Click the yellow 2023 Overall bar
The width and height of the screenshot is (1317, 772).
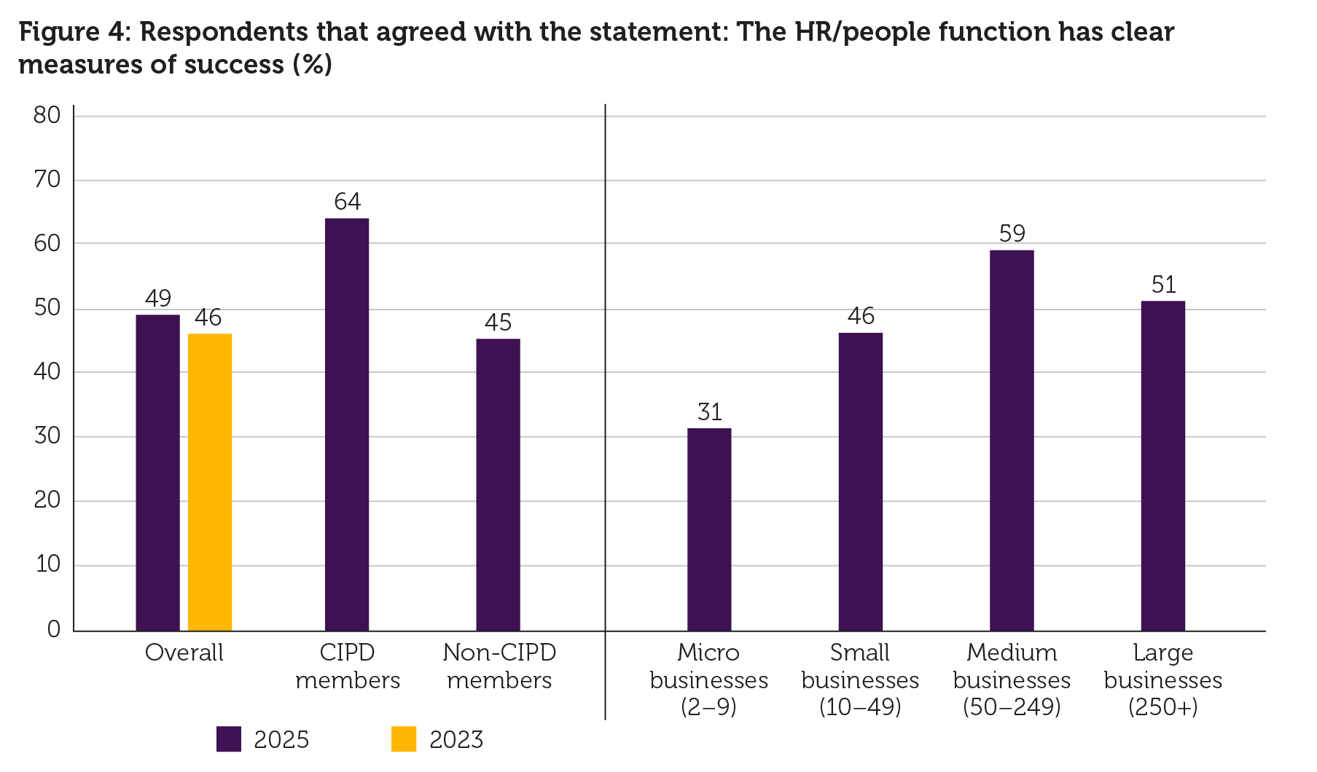(x=210, y=482)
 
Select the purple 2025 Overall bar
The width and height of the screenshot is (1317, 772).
(x=157, y=473)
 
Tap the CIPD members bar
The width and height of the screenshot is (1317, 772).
(x=347, y=425)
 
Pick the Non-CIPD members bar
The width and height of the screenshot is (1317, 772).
(x=499, y=485)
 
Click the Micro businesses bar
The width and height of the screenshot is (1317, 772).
(x=709, y=529)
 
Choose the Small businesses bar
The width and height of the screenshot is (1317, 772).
(x=860, y=481)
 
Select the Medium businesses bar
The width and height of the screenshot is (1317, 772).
(x=1012, y=440)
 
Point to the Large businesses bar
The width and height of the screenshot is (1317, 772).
(x=1163, y=465)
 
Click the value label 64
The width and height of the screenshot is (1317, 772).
(x=348, y=202)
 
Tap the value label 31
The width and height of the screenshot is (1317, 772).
(x=710, y=412)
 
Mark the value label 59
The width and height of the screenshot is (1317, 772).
(x=1012, y=234)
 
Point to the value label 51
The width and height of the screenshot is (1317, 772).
(x=1164, y=285)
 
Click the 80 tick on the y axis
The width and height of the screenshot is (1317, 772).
(x=47, y=115)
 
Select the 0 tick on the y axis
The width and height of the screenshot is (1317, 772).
(x=53, y=629)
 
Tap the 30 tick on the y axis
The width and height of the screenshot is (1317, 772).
(x=47, y=436)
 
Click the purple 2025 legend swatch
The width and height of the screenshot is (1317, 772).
(x=229, y=739)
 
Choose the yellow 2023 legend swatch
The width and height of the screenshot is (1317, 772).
(x=404, y=739)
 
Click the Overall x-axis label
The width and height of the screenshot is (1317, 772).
(x=184, y=653)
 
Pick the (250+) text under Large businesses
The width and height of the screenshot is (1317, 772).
(x=1163, y=707)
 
